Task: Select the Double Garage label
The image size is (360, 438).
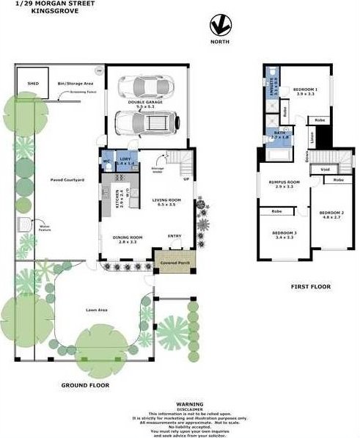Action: click(x=145, y=103)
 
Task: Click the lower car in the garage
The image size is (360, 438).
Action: click(x=145, y=123)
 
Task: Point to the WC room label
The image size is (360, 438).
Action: click(x=107, y=161)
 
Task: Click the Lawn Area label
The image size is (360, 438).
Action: click(x=97, y=311)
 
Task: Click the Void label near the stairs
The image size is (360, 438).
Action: click(x=323, y=170)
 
